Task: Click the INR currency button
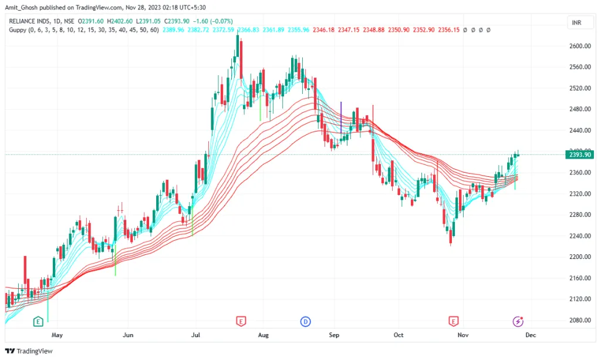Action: click(577, 22)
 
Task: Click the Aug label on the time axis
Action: click(264, 335)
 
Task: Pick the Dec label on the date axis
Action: click(530, 335)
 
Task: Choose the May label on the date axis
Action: click(57, 335)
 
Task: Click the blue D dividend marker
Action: click(305, 321)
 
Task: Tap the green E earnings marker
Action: click(38, 321)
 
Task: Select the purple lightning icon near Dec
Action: click(518, 321)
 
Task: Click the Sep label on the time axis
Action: click(334, 335)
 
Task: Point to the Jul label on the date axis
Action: click(196, 335)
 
